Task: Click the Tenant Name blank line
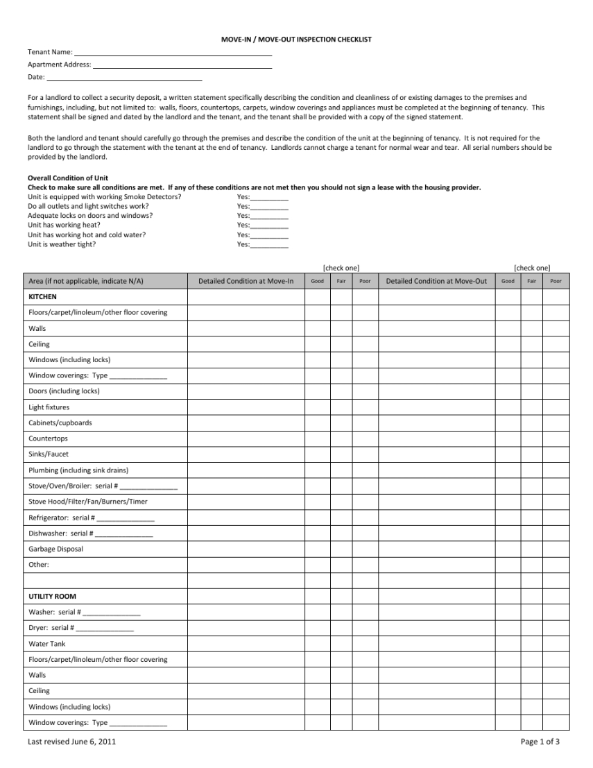click(173, 53)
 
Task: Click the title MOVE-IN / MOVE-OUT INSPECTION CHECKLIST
click(296, 40)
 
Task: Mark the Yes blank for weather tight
click(269, 245)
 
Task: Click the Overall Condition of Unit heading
click(68, 178)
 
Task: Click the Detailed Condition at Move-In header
click(246, 281)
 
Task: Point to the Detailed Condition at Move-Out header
click(436, 281)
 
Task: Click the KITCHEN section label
click(43, 296)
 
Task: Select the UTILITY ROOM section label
click(53, 597)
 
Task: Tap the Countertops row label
click(48, 438)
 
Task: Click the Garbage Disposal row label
click(55, 549)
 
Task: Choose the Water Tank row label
click(47, 644)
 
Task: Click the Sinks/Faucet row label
click(49, 454)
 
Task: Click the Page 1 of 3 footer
click(540, 742)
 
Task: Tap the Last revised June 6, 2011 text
click(71, 742)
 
